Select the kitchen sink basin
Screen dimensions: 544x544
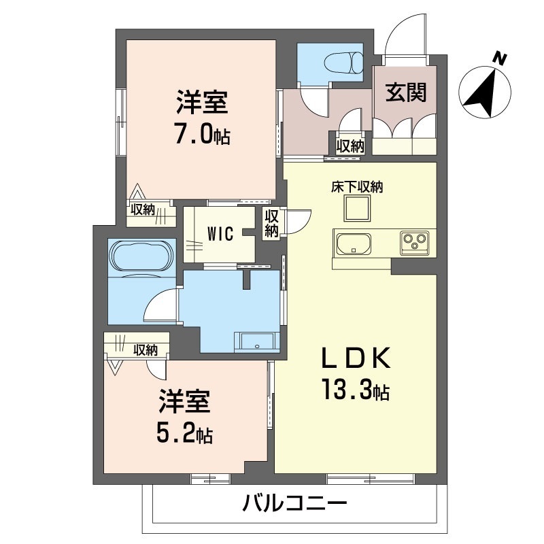[x=352, y=242]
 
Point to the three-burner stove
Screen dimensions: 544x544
[x=414, y=241]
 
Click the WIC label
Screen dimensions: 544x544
[x=220, y=234]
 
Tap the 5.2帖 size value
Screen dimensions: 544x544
[x=185, y=432]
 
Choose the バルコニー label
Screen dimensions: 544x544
[x=295, y=505]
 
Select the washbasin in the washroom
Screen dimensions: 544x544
[x=256, y=341]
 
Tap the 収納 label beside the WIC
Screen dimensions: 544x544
[x=271, y=224]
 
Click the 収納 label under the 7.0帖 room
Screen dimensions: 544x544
[x=143, y=210]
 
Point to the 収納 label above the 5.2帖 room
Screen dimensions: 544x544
[x=146, y=350]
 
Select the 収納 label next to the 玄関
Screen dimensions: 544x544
[x=350, y=145]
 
